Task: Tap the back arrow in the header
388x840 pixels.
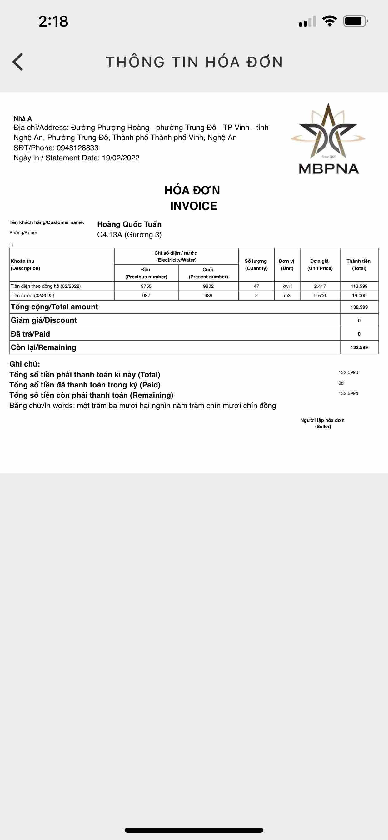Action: pyautogui.click(x=18, y=62)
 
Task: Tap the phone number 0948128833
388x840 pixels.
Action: pyautogui.click(x=77, y=148)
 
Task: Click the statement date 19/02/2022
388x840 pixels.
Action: pyautogui.click(x=121, y=158)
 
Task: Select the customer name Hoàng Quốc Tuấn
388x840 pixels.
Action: pyautogui.click(x=129, y=224)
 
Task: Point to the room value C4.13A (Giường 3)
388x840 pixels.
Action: pyautogui.click(x=129, y=235)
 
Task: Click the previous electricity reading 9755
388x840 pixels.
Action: pyautogui.click(x=146, y=286)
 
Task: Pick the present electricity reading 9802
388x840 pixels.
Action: pyautogui.click(x=208, y=286)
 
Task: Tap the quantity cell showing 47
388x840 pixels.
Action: pyautogui.click(x=256, y=286)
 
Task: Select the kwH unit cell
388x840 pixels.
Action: pyautogui.click(x=287, y=286)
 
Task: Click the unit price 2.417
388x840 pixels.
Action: pyautogui.click(x=320, y=286)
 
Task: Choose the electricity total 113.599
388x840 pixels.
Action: pyautogui.click(x=359, y=286)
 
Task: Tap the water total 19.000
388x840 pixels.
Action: pyautogui.click(x=359, y=295)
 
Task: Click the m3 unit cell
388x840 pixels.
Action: pyautogui.click(x=287, y=295)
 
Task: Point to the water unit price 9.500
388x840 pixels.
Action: pyautogui.click(x=320, y=295)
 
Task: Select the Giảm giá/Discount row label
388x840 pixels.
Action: pyautogui.click(x=44, y=320)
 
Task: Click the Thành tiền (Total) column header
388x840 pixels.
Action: pyautogui.click(x=359, y=264)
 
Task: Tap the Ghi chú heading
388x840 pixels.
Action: pyautogui.click(x=25, y=364)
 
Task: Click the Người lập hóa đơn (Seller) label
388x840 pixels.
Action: pyautogui.click(x=322, y=423)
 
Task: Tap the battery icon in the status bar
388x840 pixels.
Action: pyautogui.click(x=355, y=21)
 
